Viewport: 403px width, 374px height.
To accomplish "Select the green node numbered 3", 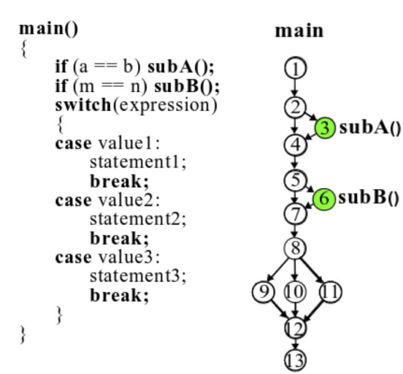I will pos(326,128).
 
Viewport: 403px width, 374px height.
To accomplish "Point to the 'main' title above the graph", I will pos(299,32).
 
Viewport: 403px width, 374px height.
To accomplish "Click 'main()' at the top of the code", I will pos(49,30).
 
